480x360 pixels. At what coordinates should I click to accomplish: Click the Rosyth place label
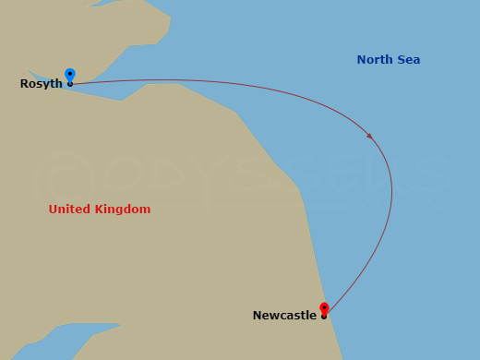[42, 84]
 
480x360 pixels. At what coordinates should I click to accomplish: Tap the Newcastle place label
[284, 316]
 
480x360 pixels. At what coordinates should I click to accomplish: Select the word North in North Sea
[375, 60]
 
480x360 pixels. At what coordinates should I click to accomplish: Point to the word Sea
[408, 60]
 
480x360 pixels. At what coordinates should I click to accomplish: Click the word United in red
[70, 210]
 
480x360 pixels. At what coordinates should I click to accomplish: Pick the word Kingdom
[123, 210]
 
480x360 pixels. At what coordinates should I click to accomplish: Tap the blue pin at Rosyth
[69, 75]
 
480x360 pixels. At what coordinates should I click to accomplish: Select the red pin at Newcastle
[324, 307]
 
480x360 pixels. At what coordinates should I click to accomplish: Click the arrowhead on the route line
[369, 135]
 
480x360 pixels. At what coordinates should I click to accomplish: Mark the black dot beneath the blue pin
[69, 84]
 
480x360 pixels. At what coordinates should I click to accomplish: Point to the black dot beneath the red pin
[324, 316]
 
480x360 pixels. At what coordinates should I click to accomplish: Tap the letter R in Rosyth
[24, 84]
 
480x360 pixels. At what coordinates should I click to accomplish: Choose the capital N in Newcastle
[258, 316]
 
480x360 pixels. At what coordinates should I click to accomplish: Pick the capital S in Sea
[400, 60]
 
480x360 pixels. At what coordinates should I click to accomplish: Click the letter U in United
[53, 210]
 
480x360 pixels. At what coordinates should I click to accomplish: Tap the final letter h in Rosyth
[59, 84]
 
